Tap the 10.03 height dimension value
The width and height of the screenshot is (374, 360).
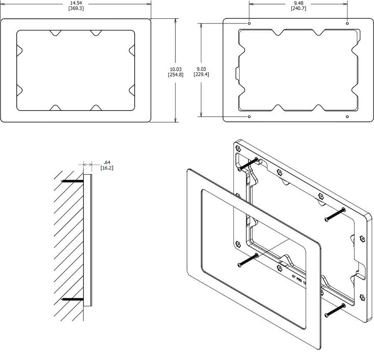pos(175,69)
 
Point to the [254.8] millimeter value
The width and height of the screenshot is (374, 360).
pos(175,75)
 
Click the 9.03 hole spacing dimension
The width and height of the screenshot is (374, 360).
pos(201,69)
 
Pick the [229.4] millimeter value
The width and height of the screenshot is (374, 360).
pos(201,75)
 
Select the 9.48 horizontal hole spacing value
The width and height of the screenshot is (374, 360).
pos(298,3)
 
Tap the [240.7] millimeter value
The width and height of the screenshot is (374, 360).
pos(298,8)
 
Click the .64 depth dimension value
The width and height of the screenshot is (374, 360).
pos(107,162)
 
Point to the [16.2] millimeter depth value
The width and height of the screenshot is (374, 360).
pos(107,168)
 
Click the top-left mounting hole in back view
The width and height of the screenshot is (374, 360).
pos(249,23)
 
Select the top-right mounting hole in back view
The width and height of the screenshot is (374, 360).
pos(347,23)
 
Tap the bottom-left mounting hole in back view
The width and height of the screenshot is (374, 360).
pos(249,116)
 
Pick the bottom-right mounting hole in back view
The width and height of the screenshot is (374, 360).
pos(347,116)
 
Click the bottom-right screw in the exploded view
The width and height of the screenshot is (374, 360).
pos(335,310)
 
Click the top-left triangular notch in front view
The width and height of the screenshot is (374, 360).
pos(54,33)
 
